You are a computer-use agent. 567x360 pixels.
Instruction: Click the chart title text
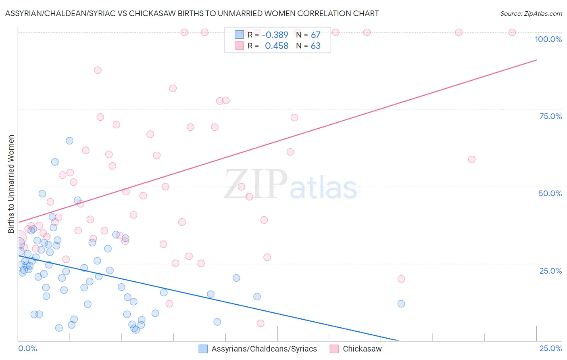click(x=192, y=13)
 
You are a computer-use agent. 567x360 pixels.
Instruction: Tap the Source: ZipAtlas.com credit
click(x=531, y=13)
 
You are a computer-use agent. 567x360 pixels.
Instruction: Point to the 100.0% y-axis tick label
click(x=548, y=39)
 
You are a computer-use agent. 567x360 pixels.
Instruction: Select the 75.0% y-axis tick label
click(x=550, y=116)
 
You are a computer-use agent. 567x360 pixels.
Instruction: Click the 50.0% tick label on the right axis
click(x=550, y=193)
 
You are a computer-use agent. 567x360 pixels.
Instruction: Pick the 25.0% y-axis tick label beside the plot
click(x=550, y=270)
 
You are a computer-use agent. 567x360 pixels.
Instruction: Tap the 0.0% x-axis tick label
click(x=27, y=348)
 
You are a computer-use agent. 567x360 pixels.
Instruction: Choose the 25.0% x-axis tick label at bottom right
click(x=550, y=348)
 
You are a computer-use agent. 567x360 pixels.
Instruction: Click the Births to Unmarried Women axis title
click(x=11, y=184)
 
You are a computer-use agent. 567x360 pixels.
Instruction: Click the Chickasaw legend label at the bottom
click(x=362, y=349)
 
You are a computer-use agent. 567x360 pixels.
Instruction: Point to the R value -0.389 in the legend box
click(x=275, y=35)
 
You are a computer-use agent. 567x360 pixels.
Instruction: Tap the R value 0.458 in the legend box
click(x=276, y=46)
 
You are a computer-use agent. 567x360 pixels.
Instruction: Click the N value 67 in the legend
click(x=315, y=35)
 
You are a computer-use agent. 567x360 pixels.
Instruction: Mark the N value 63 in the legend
click(x=315, y=46)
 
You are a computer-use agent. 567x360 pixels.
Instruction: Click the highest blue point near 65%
click(x=69, y=141)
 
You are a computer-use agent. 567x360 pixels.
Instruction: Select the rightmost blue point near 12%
click(x=401, y=303)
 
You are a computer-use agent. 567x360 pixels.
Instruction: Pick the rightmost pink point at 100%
click(x=512, y=32)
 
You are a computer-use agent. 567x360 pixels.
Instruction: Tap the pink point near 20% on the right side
click(x=401, y=279)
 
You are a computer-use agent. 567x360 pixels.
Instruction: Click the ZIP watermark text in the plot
click(x=256, y=184)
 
